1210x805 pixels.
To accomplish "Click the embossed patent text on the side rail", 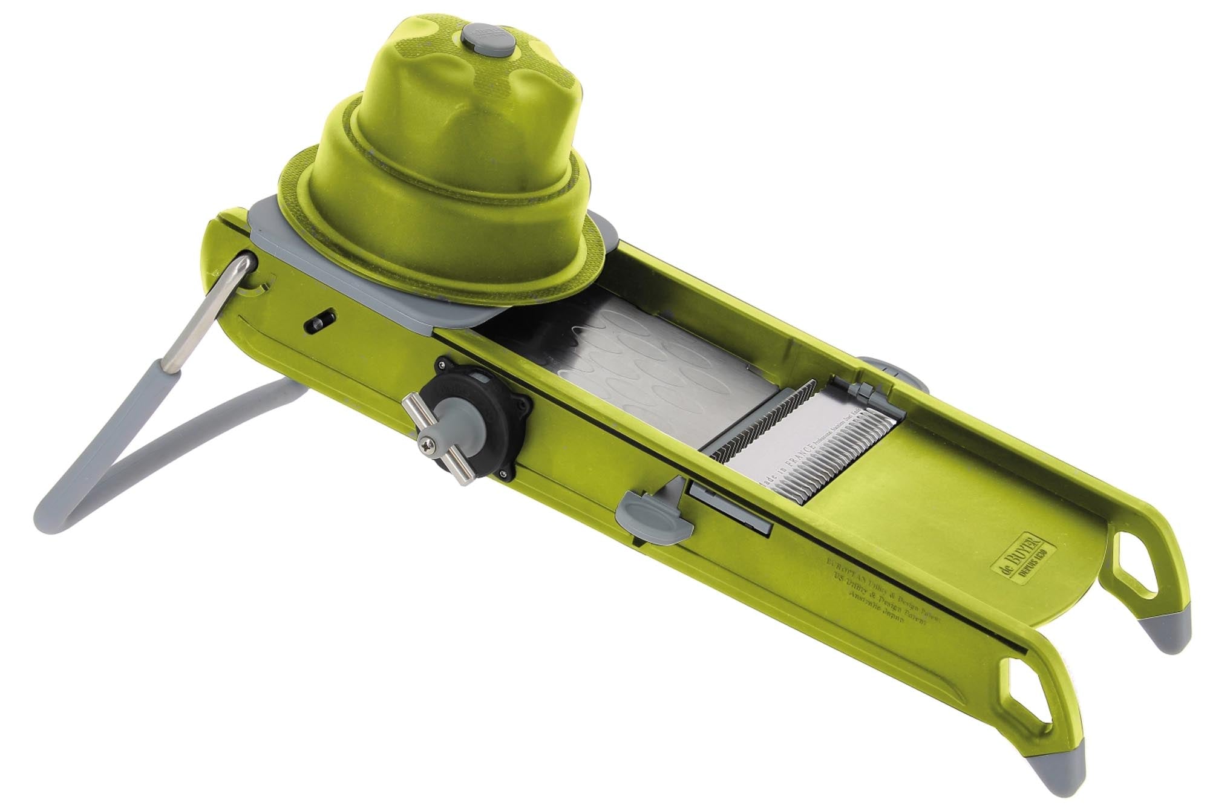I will click(877, 596).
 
